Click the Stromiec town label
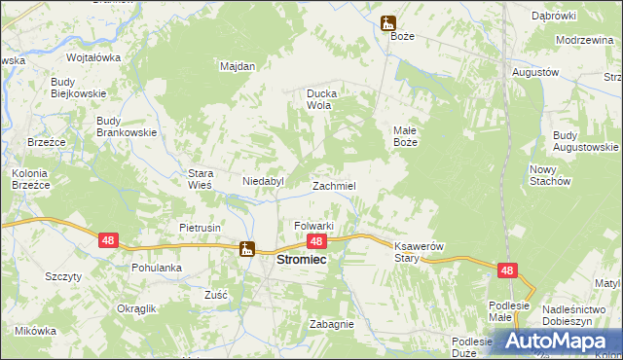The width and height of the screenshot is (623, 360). click(x=302, y=261)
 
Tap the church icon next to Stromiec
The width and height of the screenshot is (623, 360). click(x=248, y=248)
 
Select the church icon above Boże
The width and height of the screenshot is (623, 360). click(x=388, y=21)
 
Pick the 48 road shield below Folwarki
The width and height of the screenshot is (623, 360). click(x=315, y=240)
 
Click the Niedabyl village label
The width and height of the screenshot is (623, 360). click(x=262, y=181)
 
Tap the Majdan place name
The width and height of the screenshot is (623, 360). click(x=238, y=66)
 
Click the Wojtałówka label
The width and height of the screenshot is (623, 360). click(x=93, y=57)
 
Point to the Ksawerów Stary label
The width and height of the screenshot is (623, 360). click(x=419, y=252)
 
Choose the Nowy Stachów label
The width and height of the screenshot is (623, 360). click(x=550, y=175)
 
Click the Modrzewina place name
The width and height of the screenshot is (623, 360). click(x=581, y=41)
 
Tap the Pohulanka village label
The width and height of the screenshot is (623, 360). click(x=157, y=267)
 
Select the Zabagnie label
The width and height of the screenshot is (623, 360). click(x=331, y=324)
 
